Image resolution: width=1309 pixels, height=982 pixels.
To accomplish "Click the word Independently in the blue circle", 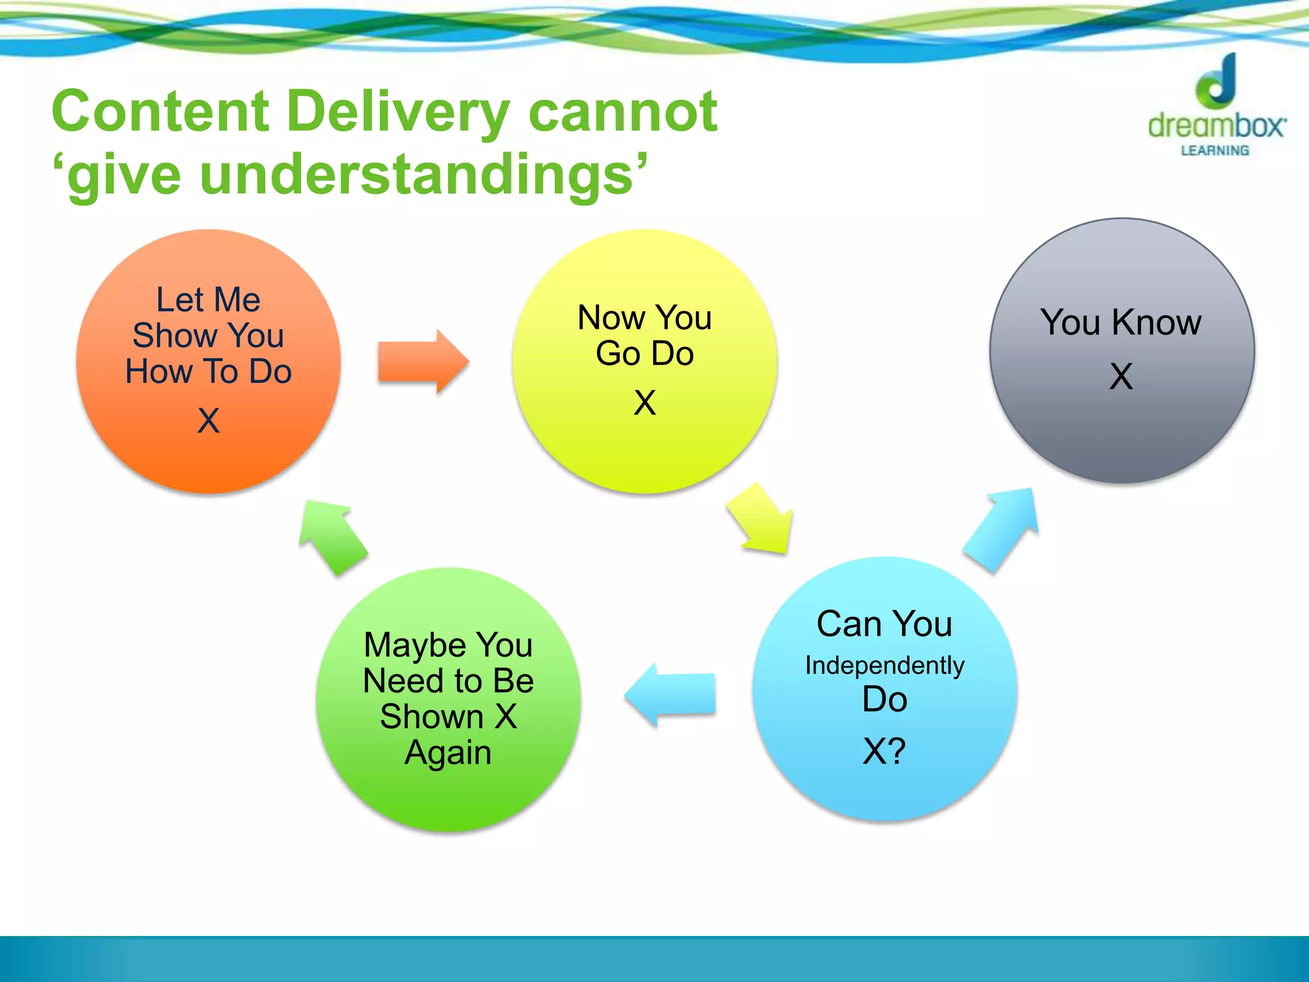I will tap(884, 666).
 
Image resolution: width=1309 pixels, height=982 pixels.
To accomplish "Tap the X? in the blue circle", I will tap(884, 751).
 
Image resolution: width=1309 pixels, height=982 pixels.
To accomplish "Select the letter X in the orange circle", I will tap(208, 421).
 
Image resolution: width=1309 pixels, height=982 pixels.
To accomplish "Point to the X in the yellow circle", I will tap(644, 403).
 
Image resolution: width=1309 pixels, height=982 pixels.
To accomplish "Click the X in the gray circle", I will tap(1121, 376).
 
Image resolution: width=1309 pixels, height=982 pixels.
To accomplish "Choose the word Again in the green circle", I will tap(448, 752).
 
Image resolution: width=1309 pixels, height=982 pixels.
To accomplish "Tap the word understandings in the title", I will tap(415, 175).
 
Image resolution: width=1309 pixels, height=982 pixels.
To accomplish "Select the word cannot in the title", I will tap(623, 112).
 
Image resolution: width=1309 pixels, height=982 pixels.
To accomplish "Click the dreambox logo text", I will tap(1216, 126).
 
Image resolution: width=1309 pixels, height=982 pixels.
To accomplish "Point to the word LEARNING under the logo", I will tap(1214, 151).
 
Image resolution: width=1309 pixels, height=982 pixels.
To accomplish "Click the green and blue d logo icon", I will tap(1216, 82).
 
